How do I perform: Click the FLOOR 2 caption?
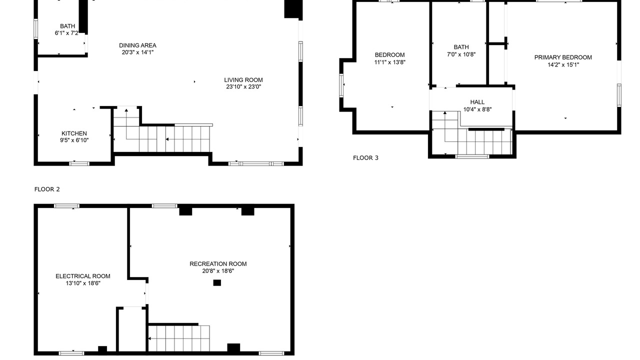[x=47, y=189]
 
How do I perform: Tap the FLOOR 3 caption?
[x=365, y=158]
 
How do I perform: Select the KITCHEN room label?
[x=74, y=133]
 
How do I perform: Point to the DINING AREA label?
[x=137, y=45]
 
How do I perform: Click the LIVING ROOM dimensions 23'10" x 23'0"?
[x=243, y=87]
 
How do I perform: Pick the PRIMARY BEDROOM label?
[x=563, y=57]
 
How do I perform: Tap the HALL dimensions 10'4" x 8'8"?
[x=477, y=109]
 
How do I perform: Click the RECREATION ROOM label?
[x=218, y=264]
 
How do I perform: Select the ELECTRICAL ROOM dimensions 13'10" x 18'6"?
[x=83, y=283]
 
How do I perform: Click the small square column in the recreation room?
[x=217, y=283]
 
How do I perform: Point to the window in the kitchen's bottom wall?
[x=79, y=163]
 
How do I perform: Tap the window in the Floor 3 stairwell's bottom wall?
[x=472, y=156]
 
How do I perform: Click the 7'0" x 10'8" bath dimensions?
[x=461, y=54]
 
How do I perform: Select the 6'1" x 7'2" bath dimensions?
[x=66, y=33]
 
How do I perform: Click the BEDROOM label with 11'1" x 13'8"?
[x=389, y=55]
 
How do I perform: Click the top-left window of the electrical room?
[x=67, y=206]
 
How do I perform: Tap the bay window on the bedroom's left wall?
[x=341, y=85]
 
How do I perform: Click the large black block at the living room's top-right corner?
[x=293, y=9]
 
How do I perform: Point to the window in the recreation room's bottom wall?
[x=271, y=353]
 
